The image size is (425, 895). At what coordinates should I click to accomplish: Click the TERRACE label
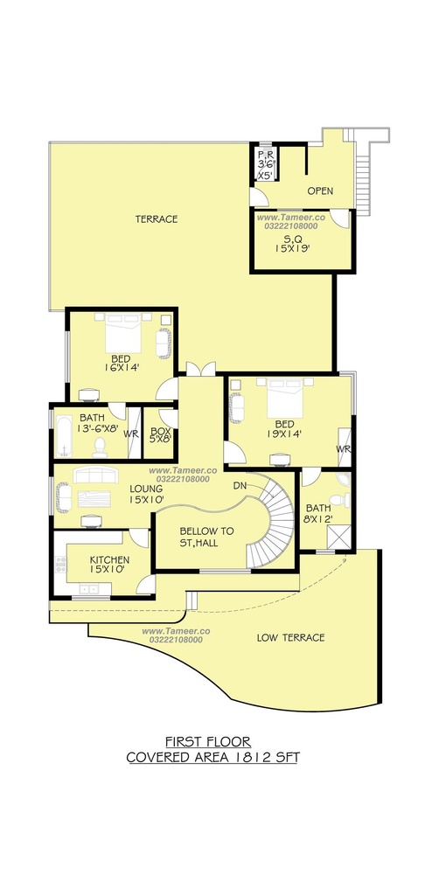(156, 219)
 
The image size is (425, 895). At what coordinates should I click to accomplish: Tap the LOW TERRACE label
(290, 637)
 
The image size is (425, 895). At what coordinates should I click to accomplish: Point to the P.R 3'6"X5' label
(265, 165)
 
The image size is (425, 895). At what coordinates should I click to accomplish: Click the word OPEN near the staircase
(320, 191)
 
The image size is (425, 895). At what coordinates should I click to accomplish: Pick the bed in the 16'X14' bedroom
(122, 333)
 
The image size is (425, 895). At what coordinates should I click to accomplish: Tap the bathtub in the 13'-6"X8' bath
(64, 436)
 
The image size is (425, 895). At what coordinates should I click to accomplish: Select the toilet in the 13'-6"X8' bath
(100, 447)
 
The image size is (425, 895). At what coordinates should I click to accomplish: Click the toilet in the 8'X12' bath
(340, 500)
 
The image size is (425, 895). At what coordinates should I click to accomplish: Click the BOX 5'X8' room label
(157, 433)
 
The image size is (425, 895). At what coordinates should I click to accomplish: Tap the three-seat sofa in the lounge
(96, 475)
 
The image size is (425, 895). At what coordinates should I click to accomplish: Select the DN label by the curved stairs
(240, 486)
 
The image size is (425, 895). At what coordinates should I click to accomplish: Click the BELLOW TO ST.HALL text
(199, 537)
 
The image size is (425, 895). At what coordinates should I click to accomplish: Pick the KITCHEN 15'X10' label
(109, 565)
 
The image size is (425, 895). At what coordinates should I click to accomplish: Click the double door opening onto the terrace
(200, 369)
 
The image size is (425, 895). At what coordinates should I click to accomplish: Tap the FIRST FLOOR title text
(208, 742)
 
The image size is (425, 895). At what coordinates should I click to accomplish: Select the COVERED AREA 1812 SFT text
(212, 758)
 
